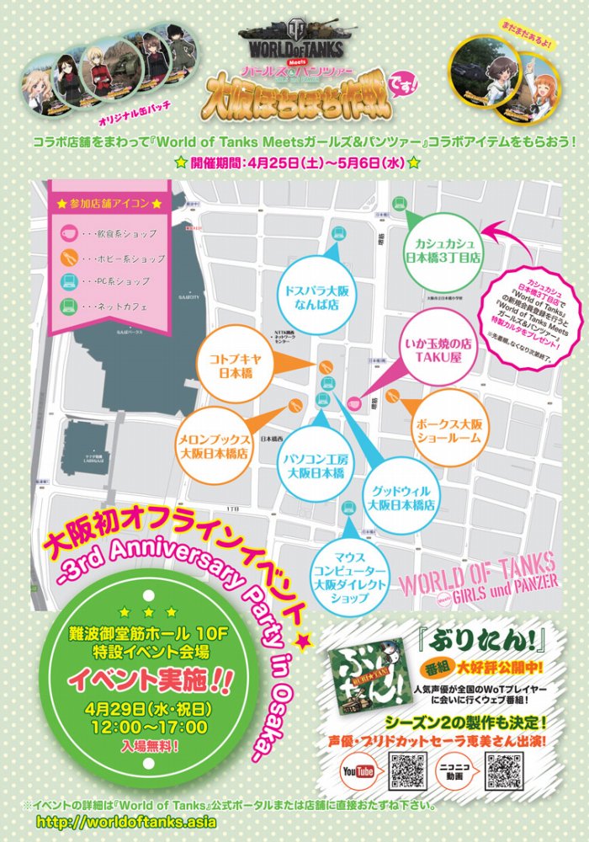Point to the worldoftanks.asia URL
pyautogui.click(x=126, y=822)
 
